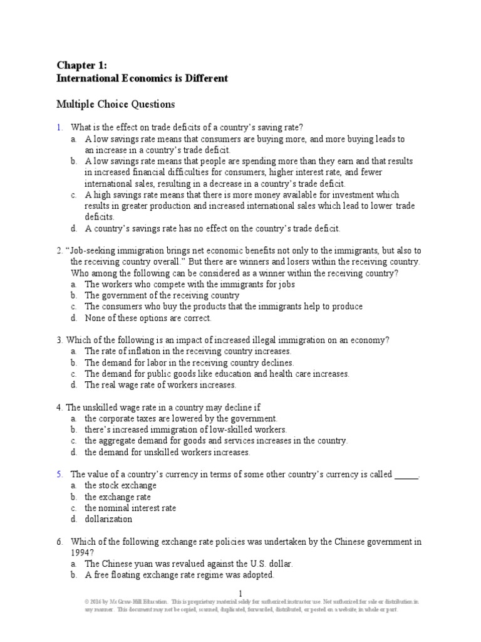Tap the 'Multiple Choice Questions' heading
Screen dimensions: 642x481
[x=116, y=104]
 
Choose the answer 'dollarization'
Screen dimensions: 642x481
[x=108, y=519]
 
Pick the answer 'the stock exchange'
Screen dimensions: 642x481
[x=120, y=485]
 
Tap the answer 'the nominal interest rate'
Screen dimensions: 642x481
[x=130, y=508]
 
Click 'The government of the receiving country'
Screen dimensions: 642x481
[x=162, y=295]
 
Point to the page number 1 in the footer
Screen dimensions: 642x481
[x=240, y=593]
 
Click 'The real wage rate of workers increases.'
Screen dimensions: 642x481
[x=160, y=385]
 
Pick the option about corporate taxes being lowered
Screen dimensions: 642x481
[x=180, y=418]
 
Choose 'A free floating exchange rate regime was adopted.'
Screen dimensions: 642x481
[x=180, y=575]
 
